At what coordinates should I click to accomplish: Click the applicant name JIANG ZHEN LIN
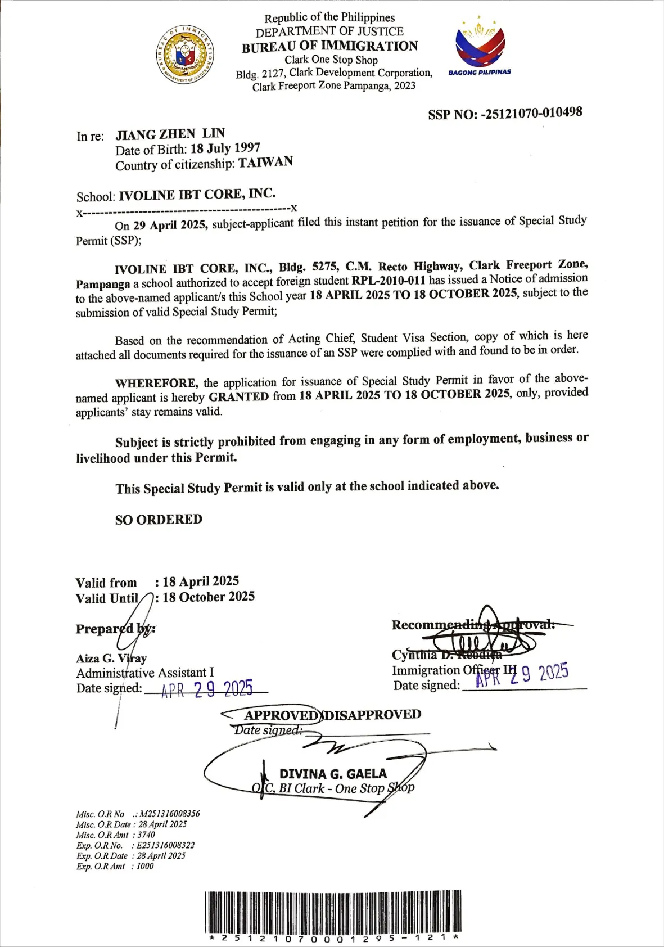(x=170, y=134)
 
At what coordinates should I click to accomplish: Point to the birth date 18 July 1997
(x=225, y=148)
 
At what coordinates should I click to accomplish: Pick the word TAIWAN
(x=265, y=163)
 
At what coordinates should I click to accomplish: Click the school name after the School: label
(x=197, y=195)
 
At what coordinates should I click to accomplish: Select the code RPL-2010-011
(x=389, y=280)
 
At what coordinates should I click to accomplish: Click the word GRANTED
(x=238, y=396)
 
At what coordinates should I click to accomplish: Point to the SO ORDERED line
(x=159, y=519)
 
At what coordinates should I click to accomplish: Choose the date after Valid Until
(x=208, y=597)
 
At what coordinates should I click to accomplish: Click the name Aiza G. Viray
(x=111, y=658)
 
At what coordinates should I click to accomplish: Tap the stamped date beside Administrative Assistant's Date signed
(x=207, y=689)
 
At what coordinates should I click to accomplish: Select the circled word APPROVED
(x=281, y=715)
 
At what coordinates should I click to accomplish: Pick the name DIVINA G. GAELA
(x=333, y=774)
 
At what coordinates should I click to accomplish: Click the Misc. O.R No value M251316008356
(x=169, y=814)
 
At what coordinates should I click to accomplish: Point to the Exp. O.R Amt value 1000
(x=144, y=866)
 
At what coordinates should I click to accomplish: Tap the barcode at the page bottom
(x=333, y=912)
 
